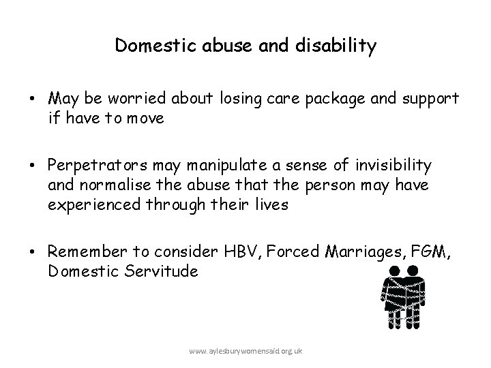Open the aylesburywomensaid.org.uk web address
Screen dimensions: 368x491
(247, 350)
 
